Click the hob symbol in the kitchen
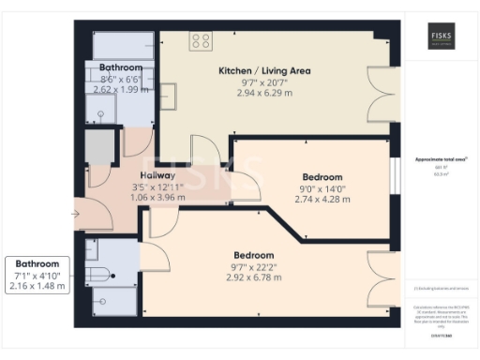tap(200, 40)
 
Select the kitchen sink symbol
tap(169, 97)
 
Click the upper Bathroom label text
tap(121, 68)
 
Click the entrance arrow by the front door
tap(76, 214)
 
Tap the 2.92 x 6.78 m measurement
tap(254, 277)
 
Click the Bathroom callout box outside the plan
tap(37, 275)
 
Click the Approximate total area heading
tap(441, 160)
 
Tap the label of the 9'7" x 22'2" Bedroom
tap(254, 255)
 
